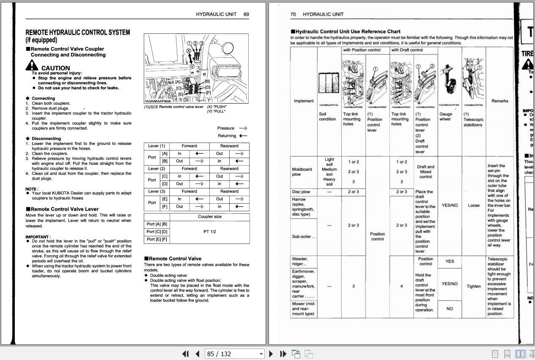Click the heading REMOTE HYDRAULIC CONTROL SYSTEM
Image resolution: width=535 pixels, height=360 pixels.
click(x=78, y=33)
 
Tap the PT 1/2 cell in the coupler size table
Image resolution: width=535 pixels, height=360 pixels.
click(x=209, y=232)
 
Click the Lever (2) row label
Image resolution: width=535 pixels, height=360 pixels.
click(x=156, y=169)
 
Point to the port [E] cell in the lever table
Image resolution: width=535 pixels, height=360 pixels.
click(x=165, y=199)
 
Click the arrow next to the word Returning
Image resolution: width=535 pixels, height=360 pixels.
click(x=243, y=136)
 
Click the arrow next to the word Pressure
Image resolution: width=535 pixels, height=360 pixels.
click(x=243, y=128)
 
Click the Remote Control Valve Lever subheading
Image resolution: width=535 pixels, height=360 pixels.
click(x=64, y=209)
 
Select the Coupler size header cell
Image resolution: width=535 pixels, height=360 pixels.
click(x=209, y=216)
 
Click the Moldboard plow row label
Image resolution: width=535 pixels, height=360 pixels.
click(x=302, y=172)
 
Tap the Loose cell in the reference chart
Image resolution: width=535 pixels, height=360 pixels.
click(x=474, y=205)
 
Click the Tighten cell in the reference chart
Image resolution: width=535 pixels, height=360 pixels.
click(x=474, y=286)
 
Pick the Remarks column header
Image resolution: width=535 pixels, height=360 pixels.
click(x=499, y=101)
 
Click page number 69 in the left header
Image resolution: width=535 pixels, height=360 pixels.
click(x=246, y=14)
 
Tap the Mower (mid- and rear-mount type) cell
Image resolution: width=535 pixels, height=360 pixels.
click(x=303, y=309)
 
